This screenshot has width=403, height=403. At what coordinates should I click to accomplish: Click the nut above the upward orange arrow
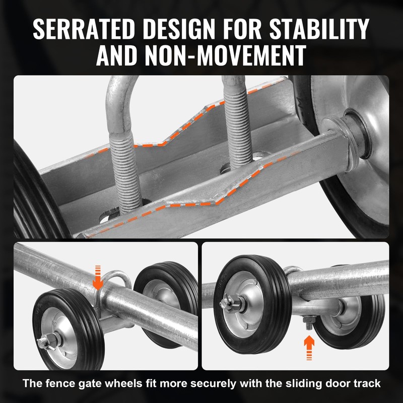309,321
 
